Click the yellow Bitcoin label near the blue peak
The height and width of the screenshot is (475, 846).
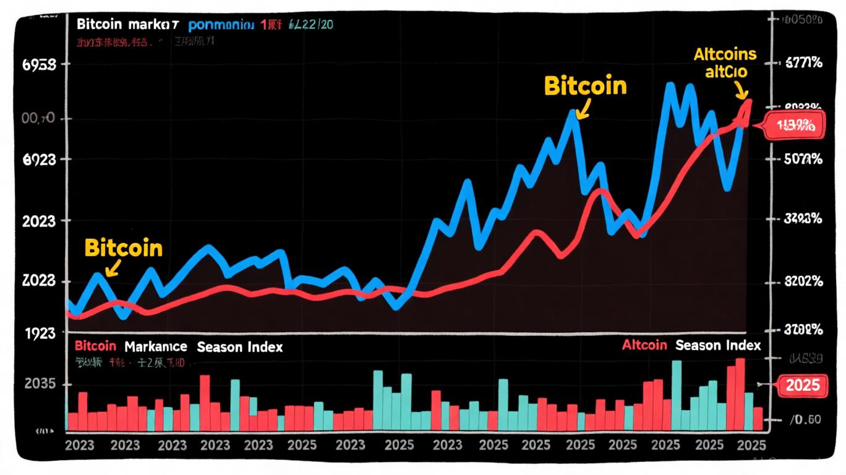click(x=585, y=86)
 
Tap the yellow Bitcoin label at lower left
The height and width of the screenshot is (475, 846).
click(x=123, y=248)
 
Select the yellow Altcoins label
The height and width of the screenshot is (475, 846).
click(x=725, y=54)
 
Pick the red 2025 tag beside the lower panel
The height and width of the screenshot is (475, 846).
click(x=802, y=386)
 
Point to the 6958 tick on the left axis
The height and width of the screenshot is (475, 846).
click(x=39, y=64)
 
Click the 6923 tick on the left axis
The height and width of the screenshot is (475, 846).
click(x=39, y=160)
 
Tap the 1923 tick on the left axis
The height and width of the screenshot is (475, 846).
click(x=39, y=333)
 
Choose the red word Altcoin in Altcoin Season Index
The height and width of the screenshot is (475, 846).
click(x=644, y=345)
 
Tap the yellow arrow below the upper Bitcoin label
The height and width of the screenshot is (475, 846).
click(x=581, y=110)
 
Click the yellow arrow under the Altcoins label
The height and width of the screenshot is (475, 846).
click(x=740, y=91)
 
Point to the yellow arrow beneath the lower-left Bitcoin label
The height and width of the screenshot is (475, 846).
click(x=112, y=269)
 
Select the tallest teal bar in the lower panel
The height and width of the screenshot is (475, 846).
click(x=677, y=395)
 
